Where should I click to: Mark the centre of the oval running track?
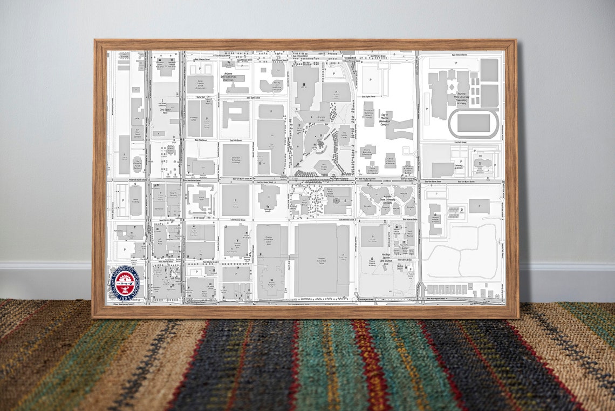point(473,124)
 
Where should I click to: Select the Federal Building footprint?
point(135,200)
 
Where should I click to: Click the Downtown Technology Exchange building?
point(236,160)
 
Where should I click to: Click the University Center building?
point(193,119)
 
